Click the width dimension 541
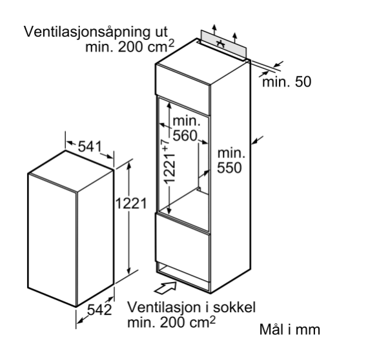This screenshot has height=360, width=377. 90,146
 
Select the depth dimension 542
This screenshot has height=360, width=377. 99,310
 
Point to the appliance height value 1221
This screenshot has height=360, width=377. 131,204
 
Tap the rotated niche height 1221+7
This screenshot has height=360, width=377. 169,162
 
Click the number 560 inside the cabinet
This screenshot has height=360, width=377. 185,135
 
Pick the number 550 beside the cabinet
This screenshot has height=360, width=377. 229,168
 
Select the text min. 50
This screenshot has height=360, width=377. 287,82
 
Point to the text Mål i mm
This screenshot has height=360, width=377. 290,329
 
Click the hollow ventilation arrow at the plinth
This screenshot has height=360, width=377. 165,288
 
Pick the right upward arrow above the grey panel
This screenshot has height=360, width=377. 235,37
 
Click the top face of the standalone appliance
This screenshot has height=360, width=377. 71,171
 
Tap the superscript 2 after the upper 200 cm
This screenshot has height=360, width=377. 171,43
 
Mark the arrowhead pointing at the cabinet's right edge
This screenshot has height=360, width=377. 254,143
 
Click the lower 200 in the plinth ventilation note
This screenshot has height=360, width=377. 172,323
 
